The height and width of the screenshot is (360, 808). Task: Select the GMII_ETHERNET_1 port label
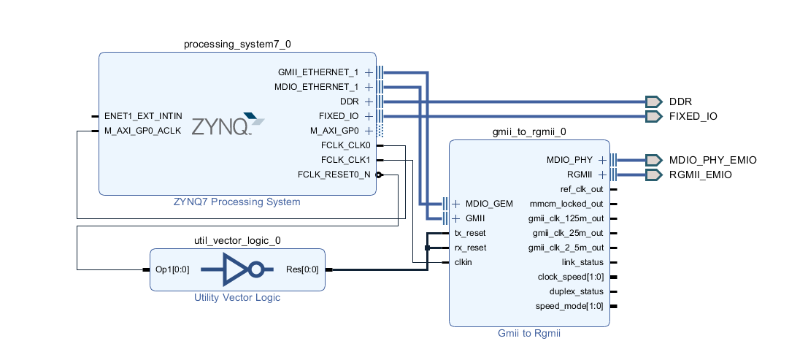pos(318,72)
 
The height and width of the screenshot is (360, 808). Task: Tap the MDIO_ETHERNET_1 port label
pos(318,87)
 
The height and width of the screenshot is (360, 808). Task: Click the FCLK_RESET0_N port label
pos(334,175)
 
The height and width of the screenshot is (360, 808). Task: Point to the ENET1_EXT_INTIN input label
pos(143,116)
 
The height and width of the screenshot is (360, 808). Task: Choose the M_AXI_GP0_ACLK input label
pos(142,131)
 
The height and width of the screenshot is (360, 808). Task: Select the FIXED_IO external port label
pos(693,116)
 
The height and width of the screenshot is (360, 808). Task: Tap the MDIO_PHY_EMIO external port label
pos(712,160)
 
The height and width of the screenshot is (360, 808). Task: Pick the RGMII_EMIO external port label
pos(700,175)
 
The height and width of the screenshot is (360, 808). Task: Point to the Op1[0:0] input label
pos(172,269)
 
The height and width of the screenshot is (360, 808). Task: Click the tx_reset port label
pos(470,233)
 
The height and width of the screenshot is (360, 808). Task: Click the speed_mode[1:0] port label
pos(569,306)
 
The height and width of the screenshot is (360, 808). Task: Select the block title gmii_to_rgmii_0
pos(529,132)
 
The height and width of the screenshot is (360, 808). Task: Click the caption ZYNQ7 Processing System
pos(237,202)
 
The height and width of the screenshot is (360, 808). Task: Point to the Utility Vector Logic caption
pos(237,297)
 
